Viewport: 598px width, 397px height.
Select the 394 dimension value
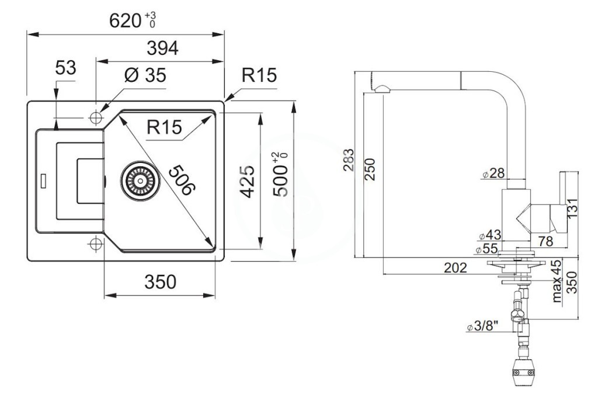click(x=162, y=48)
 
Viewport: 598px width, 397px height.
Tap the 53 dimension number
click(x=65, y=68)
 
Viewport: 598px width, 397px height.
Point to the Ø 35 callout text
click(x=145, y=75)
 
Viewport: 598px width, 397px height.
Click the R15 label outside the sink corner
click(x=259, y=75)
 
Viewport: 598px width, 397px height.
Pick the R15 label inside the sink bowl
click(x=164, y=127)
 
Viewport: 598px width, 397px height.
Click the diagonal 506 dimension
click(x=182, y=180)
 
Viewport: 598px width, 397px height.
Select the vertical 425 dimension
click(x=248, y=181)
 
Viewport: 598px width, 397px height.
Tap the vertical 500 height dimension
click(x=280, y=175)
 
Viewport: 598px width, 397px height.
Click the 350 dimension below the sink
click(x=160, y=282)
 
